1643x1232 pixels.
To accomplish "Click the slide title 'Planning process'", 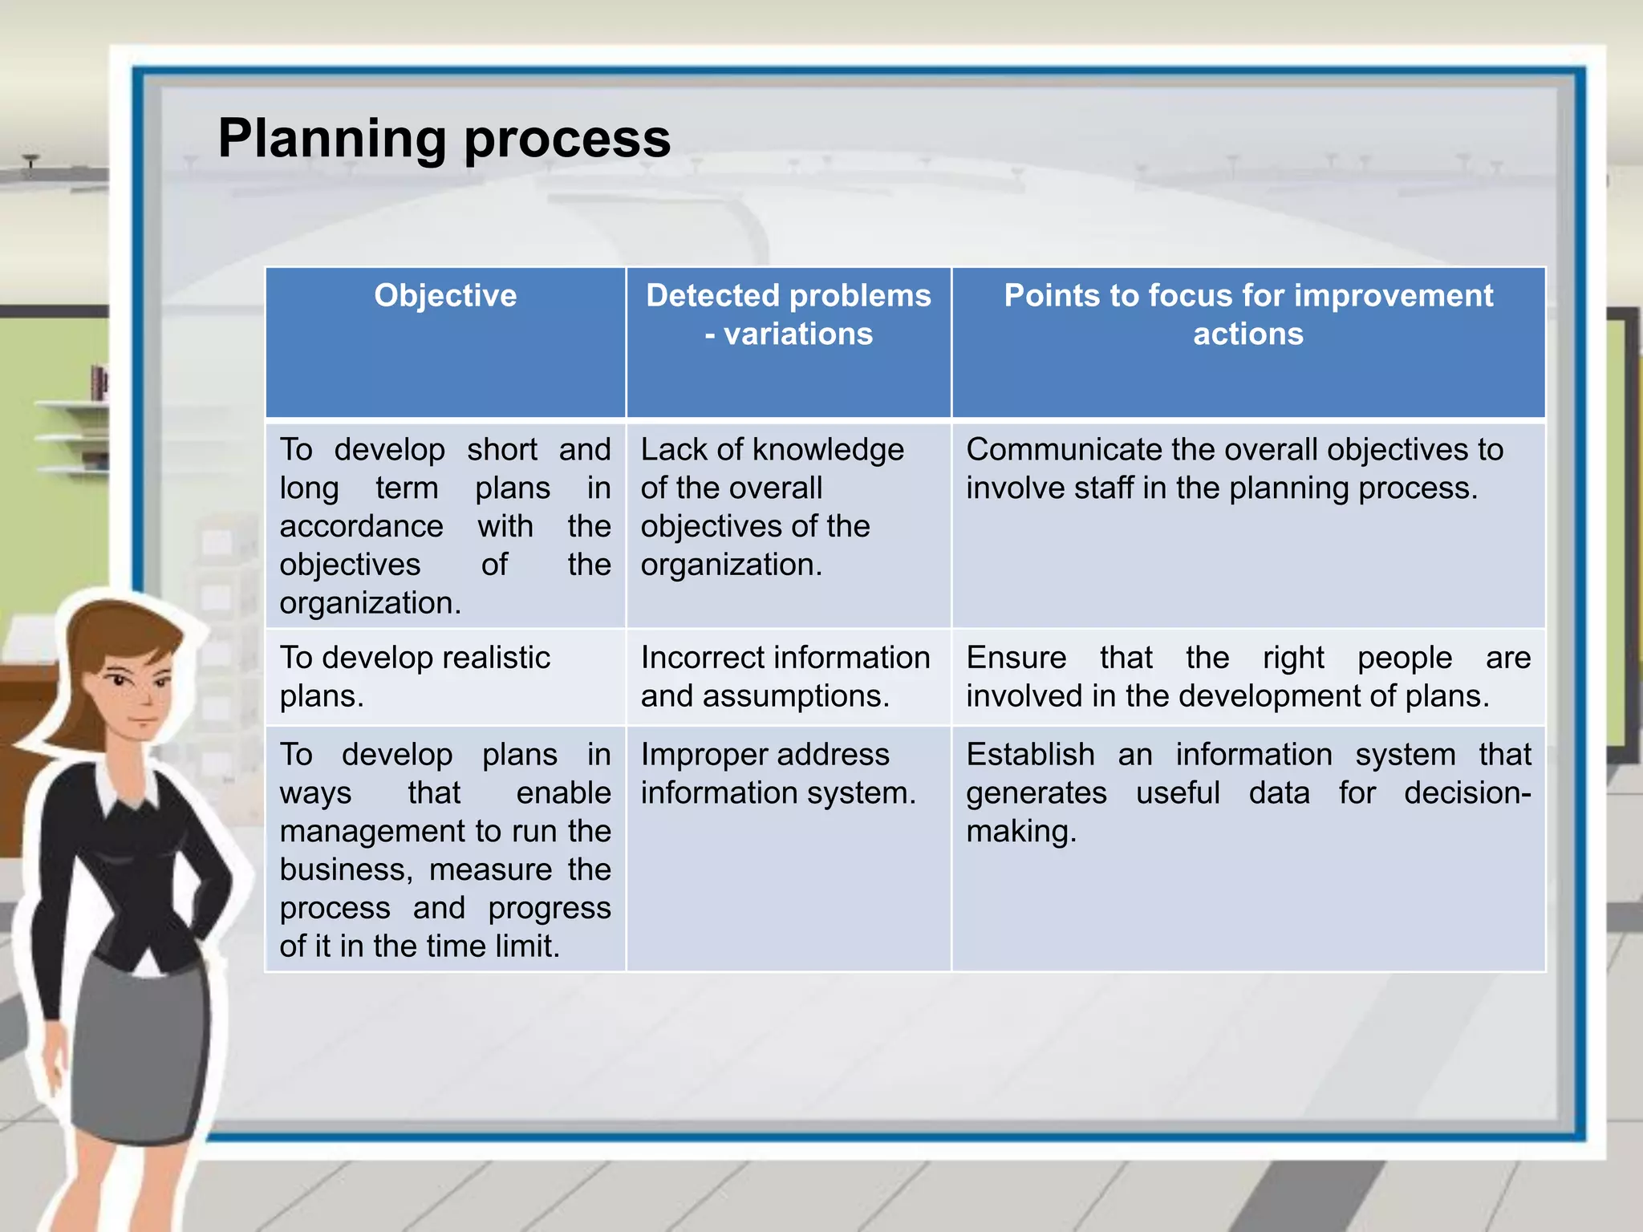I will [x=444, y=138].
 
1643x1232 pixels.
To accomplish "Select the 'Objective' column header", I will [x=445, y=296].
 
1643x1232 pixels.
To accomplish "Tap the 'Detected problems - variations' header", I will [x=789, y=314].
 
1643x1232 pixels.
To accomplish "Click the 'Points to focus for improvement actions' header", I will [x=1248, y=314].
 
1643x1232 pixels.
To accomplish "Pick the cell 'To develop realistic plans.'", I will [x=415, y=676].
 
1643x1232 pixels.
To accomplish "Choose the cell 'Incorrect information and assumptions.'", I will [x=785, y=676].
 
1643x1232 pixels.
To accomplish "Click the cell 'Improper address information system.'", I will [x=777, y=773].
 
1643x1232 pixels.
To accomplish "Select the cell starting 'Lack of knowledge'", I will [x=772, y=507].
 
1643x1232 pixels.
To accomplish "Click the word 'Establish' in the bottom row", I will [x=1030, y=755].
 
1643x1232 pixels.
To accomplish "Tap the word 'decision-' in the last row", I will [x=1467, y=793].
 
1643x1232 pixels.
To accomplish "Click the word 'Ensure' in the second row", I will [x=1016, y=658].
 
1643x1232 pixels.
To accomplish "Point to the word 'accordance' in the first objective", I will [x=361, y=527].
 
